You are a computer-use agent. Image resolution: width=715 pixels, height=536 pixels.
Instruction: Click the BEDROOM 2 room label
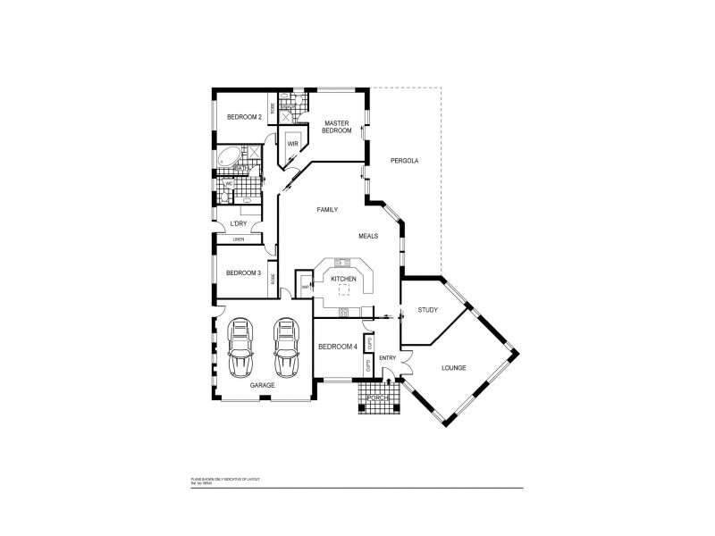[243, 117]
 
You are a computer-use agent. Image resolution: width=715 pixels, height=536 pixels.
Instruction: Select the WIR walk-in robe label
[292, 143]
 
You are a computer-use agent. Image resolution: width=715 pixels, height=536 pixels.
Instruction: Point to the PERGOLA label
[405, 161]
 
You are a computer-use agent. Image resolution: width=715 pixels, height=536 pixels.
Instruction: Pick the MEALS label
[369, 237]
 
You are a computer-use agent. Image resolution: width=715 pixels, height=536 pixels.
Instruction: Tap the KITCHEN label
[344, 280]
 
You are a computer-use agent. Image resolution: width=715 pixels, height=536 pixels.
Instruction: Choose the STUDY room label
[427, 310]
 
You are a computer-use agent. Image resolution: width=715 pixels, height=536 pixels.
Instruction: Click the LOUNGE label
[454, 367]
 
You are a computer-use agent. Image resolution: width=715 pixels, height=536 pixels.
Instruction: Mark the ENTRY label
[387, 358]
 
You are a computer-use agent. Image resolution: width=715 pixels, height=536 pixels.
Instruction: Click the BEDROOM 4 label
[337, 347]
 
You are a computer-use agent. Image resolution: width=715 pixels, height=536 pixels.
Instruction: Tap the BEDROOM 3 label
[243, 273]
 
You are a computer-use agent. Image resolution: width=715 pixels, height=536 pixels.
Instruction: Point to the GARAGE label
[262, 385]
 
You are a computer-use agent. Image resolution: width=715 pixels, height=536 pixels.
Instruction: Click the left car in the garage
[240, 349]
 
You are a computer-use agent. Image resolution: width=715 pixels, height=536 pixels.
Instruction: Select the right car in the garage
[285, 349]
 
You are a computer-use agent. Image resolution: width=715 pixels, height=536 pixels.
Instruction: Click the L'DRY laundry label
[239, 223]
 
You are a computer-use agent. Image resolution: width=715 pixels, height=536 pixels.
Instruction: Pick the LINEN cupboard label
[239, 239]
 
